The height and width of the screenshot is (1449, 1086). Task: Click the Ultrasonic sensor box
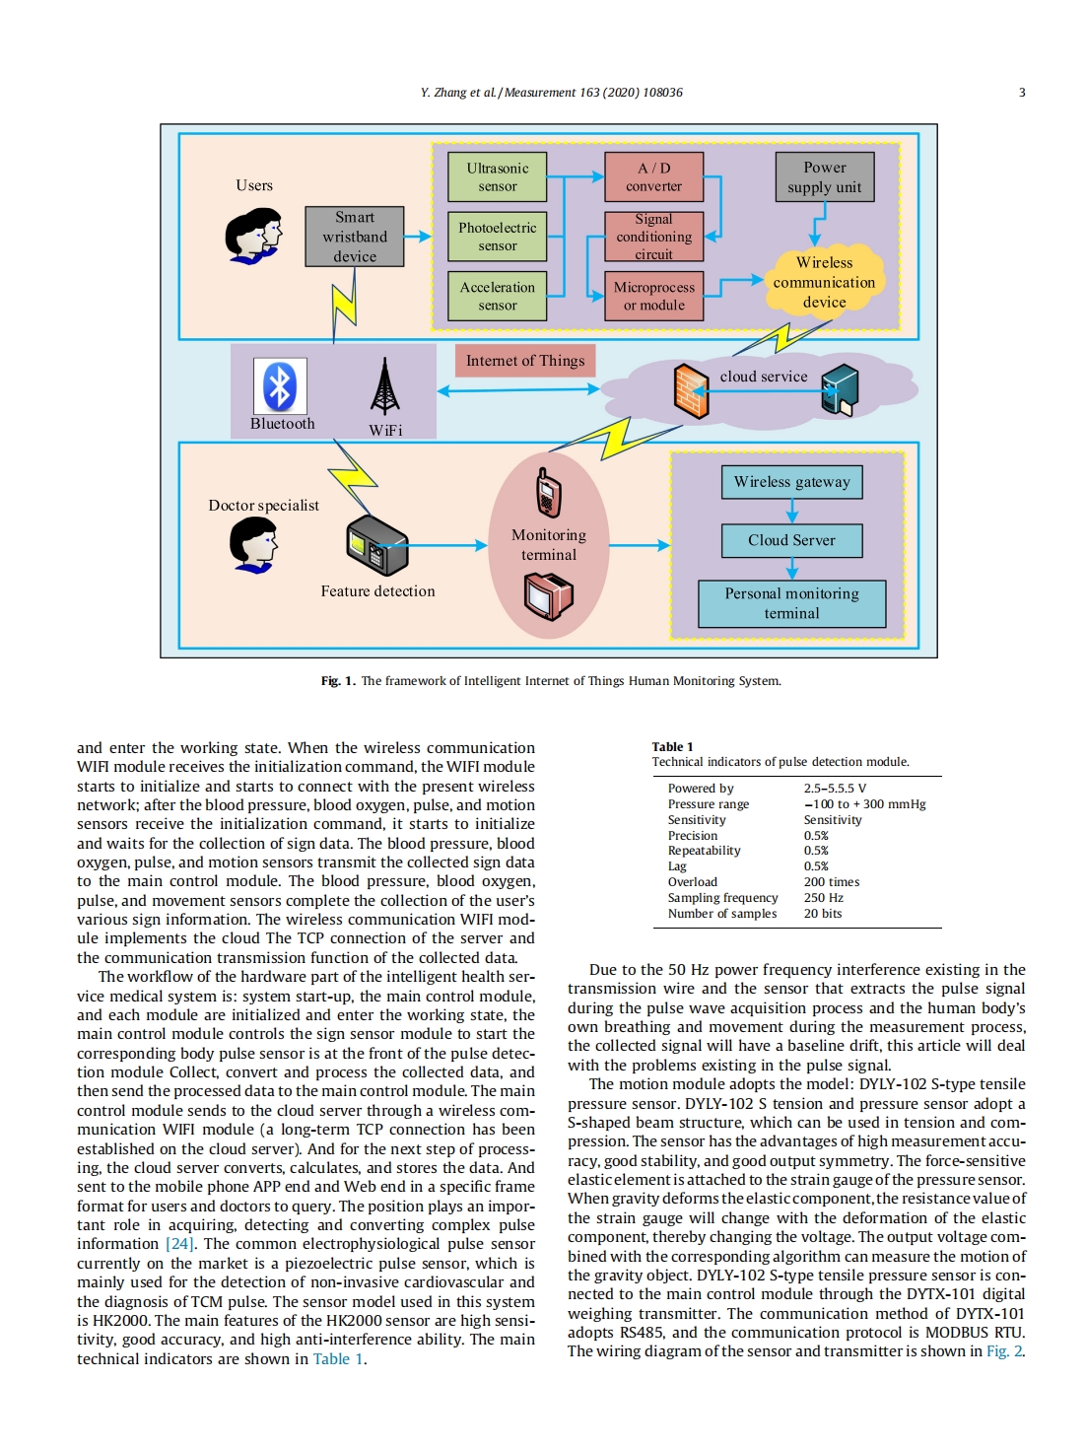[x=497, y=177]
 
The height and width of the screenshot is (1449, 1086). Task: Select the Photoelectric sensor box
[x=497, y=237]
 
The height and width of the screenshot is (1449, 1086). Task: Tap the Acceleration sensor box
[x=497, y=296]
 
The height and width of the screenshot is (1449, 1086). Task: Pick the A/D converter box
[x=653, y=177]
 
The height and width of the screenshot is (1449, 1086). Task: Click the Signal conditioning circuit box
[x=653, y=237]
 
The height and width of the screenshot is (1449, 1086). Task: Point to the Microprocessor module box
[x=653, y=296]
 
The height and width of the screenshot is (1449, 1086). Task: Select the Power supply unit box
[x=824, y=177]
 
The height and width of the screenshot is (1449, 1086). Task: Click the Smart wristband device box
[x=355, y=237]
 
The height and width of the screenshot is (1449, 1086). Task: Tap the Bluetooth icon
[x=281, y=386]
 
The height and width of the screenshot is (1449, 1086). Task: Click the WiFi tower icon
[x=385, y=386]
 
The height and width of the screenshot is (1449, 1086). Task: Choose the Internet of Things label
[x=525, y=361]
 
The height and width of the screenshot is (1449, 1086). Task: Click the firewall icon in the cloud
[x=691, y=390]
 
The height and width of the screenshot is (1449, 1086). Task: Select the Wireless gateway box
[x=791, y=482]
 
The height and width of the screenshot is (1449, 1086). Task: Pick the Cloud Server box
[x=791, y=540]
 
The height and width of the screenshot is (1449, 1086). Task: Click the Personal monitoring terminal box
[x=791, y=603]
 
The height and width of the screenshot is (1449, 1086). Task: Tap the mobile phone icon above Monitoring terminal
[x=549, y=493]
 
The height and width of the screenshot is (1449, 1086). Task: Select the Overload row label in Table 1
[x=693, y=882]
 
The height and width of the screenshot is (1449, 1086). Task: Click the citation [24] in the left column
[x=179, y=1244]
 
